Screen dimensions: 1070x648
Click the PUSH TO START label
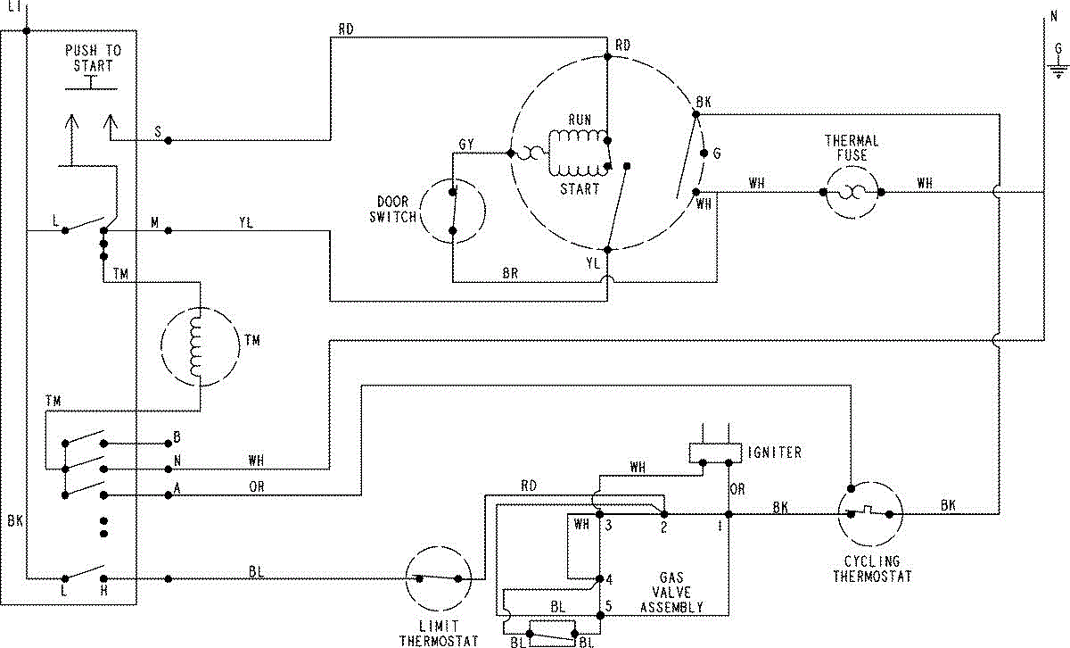tap(93, 58)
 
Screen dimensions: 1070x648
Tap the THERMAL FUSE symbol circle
tap(852, 166)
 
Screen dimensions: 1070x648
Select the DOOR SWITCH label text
tap(393, 210)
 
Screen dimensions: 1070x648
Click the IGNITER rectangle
tap(715, 453)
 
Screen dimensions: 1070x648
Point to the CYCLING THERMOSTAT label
tap(872, 569)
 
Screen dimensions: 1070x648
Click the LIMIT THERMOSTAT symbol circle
tap(438, 546)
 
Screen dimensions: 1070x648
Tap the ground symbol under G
tap(1058, 71)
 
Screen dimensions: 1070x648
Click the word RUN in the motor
tap(580, 120)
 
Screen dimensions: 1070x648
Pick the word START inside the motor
tap(580, 189)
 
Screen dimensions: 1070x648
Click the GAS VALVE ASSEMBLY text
tap(671, 593)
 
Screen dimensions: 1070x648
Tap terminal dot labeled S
tap(169, 141)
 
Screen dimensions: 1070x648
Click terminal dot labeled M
tap(169, 230)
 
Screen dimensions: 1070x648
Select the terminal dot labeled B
tap(169, 444)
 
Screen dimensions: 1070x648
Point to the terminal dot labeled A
tap(169, 495)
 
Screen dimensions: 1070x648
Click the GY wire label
tap(466, 145)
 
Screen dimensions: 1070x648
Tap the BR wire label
tap(510, 273)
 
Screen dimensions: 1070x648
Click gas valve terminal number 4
tap(609, 579)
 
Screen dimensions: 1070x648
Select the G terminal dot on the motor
tap(704, 153)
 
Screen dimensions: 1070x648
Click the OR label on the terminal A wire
tap(257, 486)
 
